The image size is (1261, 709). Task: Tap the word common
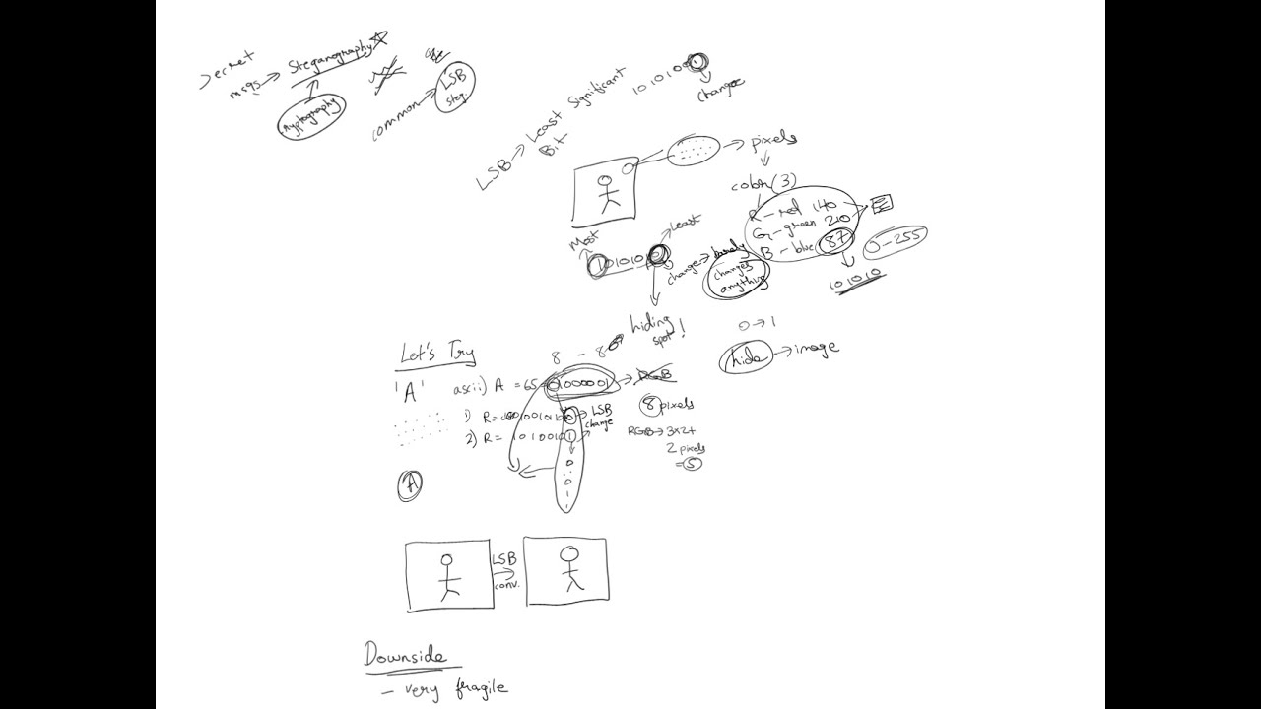tap(395, 119)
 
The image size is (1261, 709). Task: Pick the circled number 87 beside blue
tap(836, 240)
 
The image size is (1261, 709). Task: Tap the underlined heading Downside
tap(405, 655)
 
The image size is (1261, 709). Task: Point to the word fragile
tap(482, 688)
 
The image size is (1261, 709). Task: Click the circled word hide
tap(747, 359)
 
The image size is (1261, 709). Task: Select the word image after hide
tap(814, 348)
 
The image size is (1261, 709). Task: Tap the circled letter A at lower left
tap(410, 484)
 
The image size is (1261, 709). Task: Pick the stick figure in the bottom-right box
tap(568, 568)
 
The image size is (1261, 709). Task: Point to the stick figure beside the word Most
tap(607, 192)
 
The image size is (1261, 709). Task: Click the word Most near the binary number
tap(583, 240)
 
